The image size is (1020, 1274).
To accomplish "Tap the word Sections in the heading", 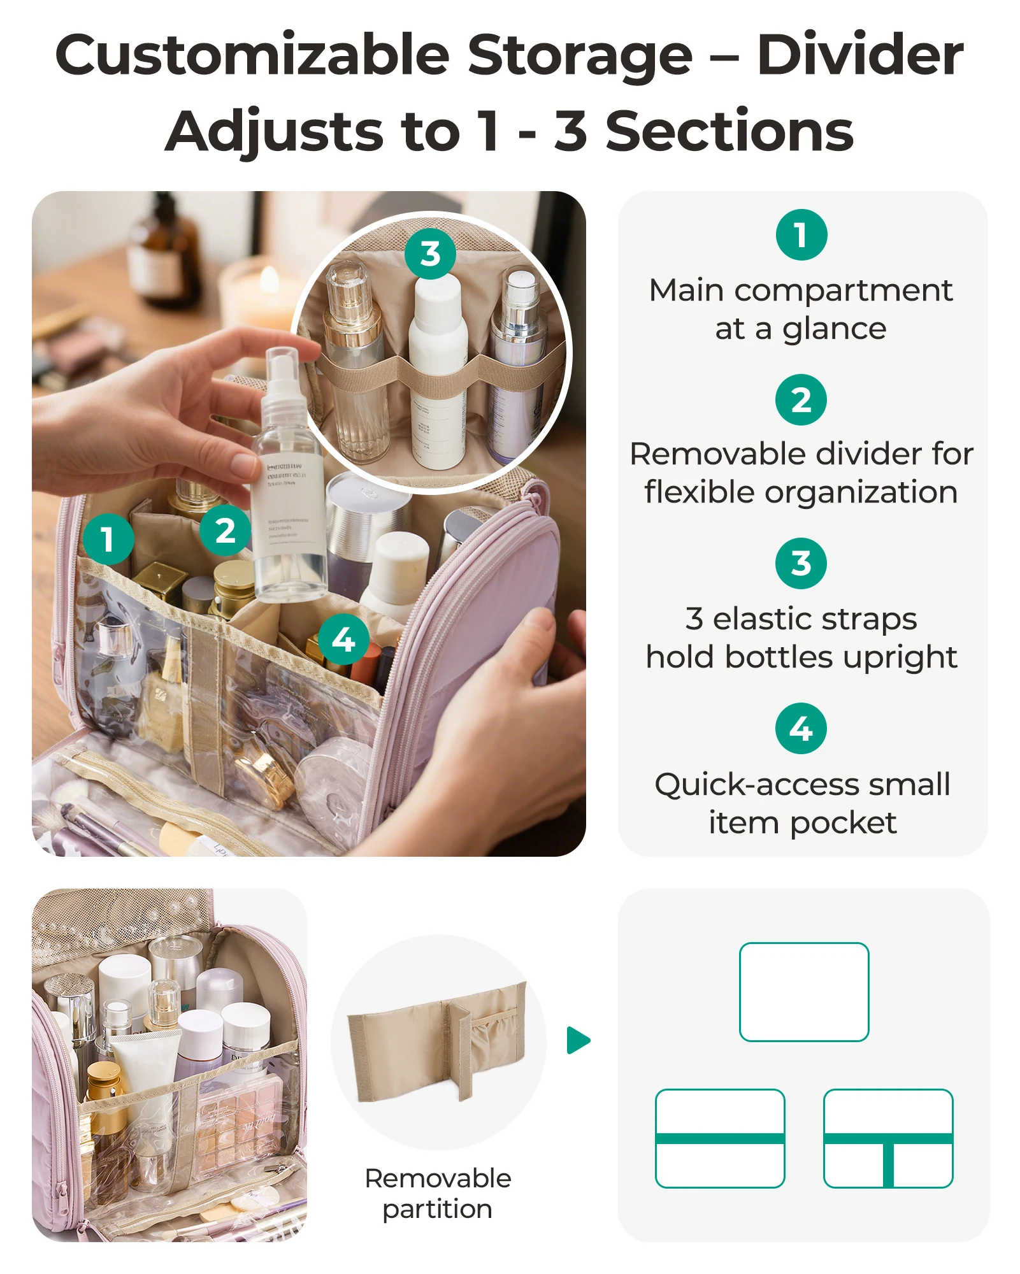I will point(729,132).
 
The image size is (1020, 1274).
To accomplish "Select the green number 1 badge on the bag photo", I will point(108,539).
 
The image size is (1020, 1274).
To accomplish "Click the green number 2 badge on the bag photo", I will point(225,531).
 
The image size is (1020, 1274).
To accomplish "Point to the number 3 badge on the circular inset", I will point(430,254).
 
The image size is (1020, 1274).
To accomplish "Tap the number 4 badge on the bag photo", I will point(343,640).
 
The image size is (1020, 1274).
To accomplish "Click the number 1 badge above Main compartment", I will point(801,235).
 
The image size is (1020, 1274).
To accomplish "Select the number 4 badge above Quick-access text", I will point(801,729).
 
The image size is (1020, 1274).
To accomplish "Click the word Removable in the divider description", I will point(719,454).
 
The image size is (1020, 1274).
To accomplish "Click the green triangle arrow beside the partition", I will point(578,1040).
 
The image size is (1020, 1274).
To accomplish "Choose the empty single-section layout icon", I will point(804,992).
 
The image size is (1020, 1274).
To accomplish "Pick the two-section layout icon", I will point(720,1138).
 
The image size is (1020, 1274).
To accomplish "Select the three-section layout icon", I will point(888,1138).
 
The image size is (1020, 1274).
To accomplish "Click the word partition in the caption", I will point(437,1209).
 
